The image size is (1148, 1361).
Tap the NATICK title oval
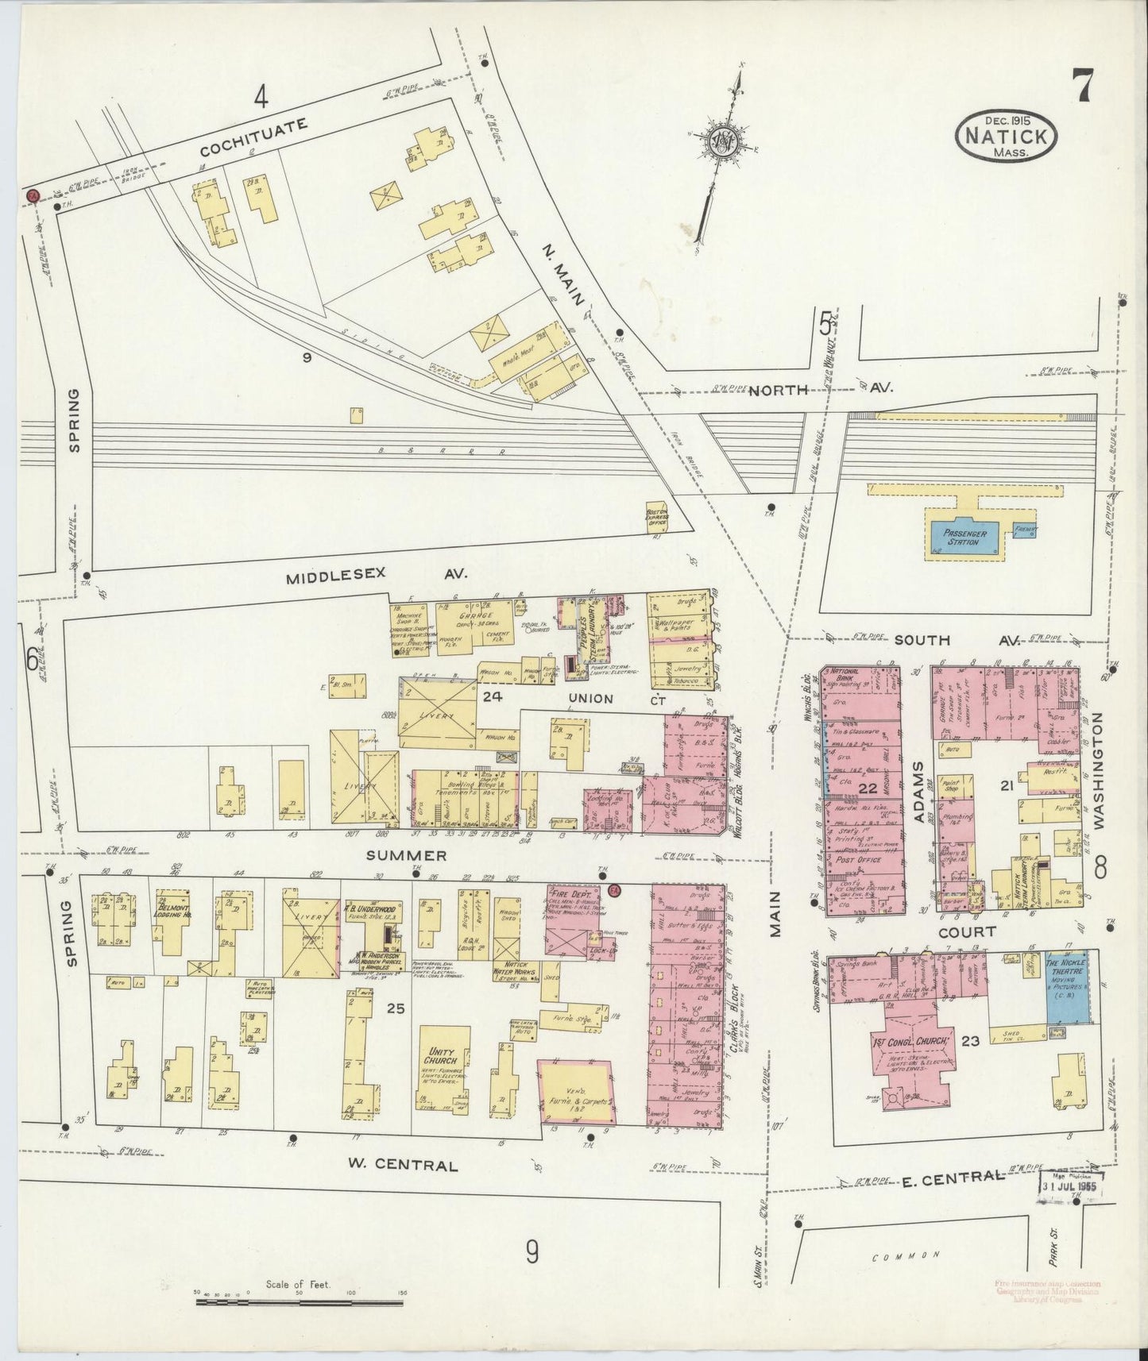tap(1006, 137)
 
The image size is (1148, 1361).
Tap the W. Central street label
tap(404, 1166)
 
